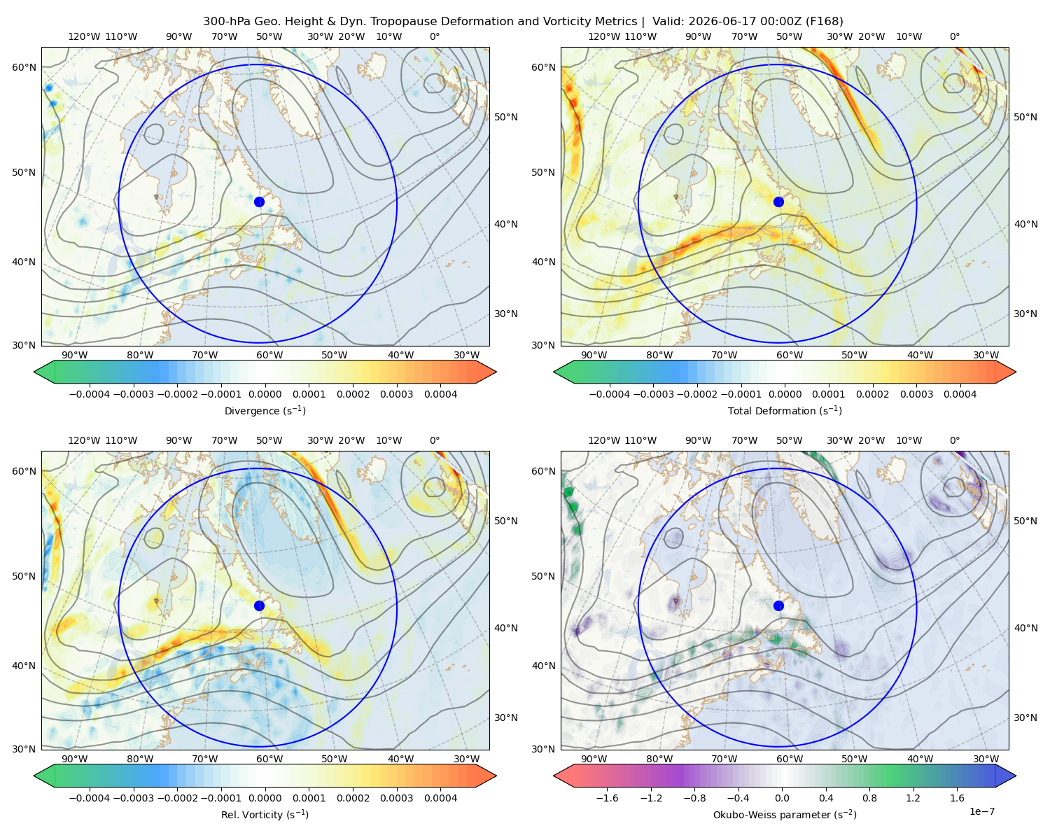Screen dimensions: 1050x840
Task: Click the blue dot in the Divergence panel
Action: [259, 202]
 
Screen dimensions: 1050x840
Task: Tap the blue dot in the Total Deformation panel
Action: [778, 202]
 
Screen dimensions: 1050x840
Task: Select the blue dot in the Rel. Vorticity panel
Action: [259, 605]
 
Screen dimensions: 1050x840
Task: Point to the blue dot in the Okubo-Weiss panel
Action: [778, 605]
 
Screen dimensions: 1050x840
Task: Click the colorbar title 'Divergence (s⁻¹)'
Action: [265, 410]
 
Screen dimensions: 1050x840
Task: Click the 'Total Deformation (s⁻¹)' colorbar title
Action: [785, 410]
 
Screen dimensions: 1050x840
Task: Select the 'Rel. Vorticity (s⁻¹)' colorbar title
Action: [265, 814]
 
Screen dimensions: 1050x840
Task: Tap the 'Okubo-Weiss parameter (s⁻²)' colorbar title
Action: [785, 814]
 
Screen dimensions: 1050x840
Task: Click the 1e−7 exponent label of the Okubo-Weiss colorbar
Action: [981, 811]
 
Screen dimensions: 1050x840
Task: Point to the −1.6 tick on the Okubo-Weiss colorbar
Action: [607, 798]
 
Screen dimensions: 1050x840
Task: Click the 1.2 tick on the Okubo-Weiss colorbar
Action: [913, 798]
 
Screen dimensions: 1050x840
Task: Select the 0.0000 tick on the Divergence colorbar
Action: [265, 394]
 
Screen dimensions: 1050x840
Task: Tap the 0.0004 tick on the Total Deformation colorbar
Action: [960, 394]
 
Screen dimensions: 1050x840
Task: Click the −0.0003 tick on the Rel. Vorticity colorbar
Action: [133, 798]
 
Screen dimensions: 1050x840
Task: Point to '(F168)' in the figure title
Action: [824, 22]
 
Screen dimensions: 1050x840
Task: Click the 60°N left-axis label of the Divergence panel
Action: [24, 67]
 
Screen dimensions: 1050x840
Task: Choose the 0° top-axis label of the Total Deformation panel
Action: [955, 36]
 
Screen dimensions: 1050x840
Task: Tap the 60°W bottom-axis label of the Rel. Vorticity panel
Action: [269, 759]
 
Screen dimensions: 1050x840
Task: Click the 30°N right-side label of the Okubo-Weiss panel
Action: [1025, 717]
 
